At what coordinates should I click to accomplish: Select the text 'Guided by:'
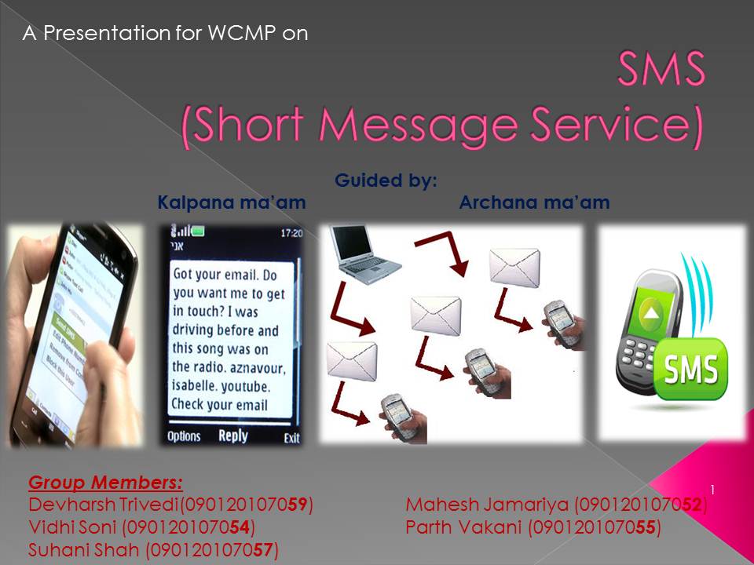point(386,180)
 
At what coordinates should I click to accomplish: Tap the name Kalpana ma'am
point(232,202)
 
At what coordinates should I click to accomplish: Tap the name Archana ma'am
point(534,202)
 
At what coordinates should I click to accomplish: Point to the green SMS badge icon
point(691,366)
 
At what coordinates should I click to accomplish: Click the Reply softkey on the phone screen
point(232,436)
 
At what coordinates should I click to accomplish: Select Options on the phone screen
point(184,436)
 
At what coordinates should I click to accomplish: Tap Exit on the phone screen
point(291,437)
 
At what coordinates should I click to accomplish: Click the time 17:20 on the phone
point(291,233)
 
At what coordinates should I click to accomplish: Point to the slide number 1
point(712,490)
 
